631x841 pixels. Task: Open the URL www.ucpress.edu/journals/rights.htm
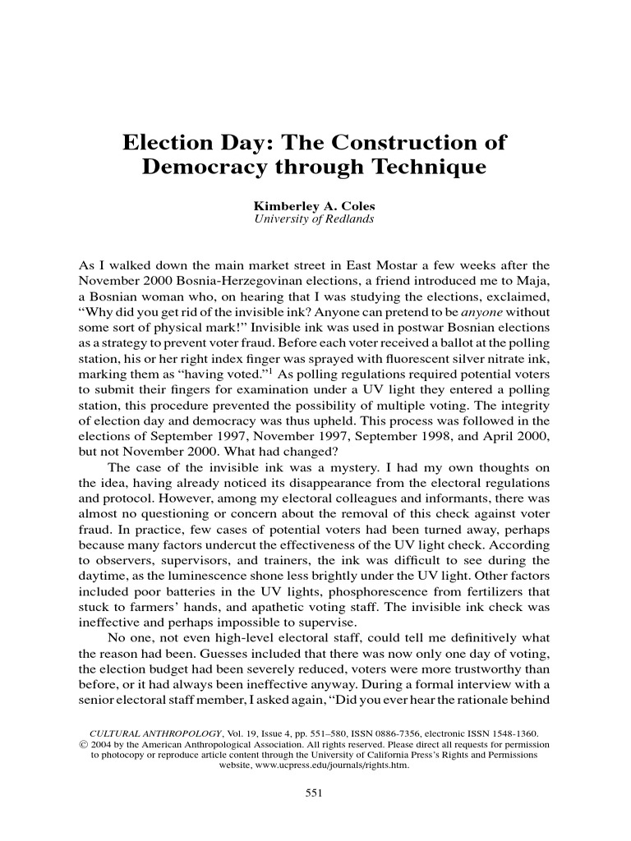coord(311,765)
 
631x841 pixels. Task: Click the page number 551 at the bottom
coord(315,793)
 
